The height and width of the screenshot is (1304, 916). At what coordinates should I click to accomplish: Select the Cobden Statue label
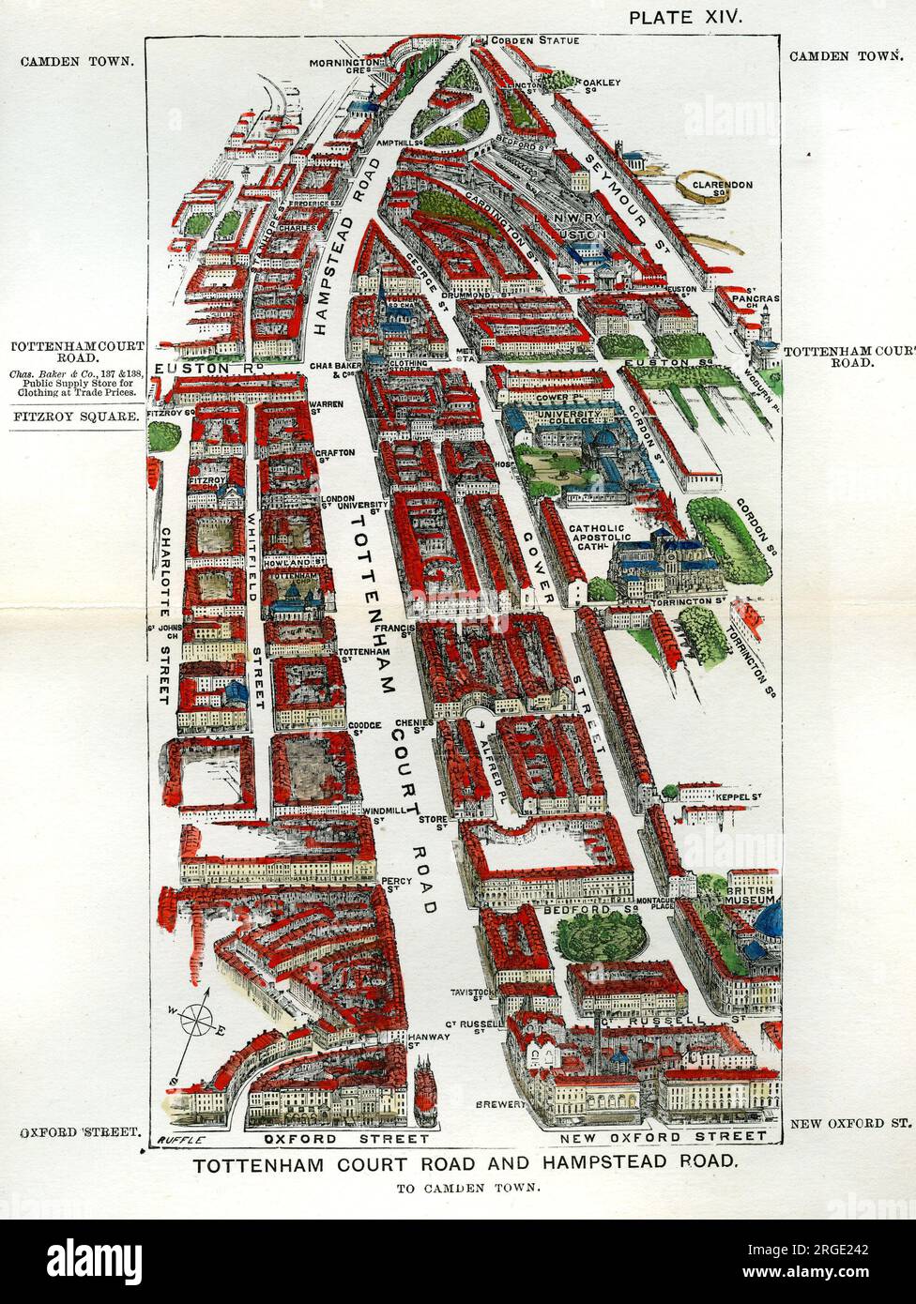point(536,40)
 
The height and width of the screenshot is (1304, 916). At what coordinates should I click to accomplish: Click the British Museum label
point(750,892)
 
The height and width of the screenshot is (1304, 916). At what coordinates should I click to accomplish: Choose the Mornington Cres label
point(348,66)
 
